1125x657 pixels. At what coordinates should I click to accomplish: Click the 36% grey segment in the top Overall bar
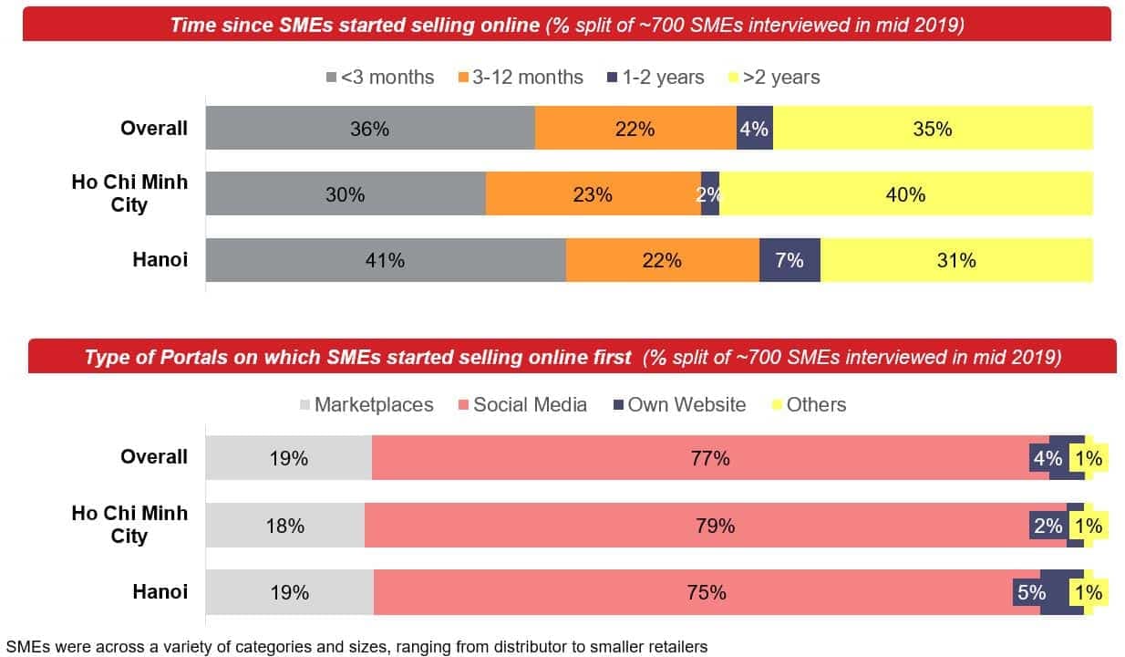(370, 129)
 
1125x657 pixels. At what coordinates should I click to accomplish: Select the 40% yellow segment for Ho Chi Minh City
(905, 194)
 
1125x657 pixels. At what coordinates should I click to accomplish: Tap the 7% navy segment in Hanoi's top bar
(790, 260)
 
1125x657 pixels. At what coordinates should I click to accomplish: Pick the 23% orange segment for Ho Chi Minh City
(593, 194)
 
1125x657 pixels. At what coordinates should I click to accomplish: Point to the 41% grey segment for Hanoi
(385, 260)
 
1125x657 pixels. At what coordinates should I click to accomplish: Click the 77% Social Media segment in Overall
(710, 458)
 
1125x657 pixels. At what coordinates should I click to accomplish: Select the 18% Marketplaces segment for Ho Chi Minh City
(285, 526)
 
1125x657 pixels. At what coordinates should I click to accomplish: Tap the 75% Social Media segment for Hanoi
(707, 592)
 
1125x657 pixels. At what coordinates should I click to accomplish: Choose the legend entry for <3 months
(380, 78)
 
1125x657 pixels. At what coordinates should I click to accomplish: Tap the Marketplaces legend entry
(366, 404)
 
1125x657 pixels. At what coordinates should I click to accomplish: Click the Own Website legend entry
(678, 404)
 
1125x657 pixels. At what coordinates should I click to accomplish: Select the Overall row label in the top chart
(153, 129)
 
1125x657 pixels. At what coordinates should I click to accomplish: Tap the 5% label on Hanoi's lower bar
(1031, 593)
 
